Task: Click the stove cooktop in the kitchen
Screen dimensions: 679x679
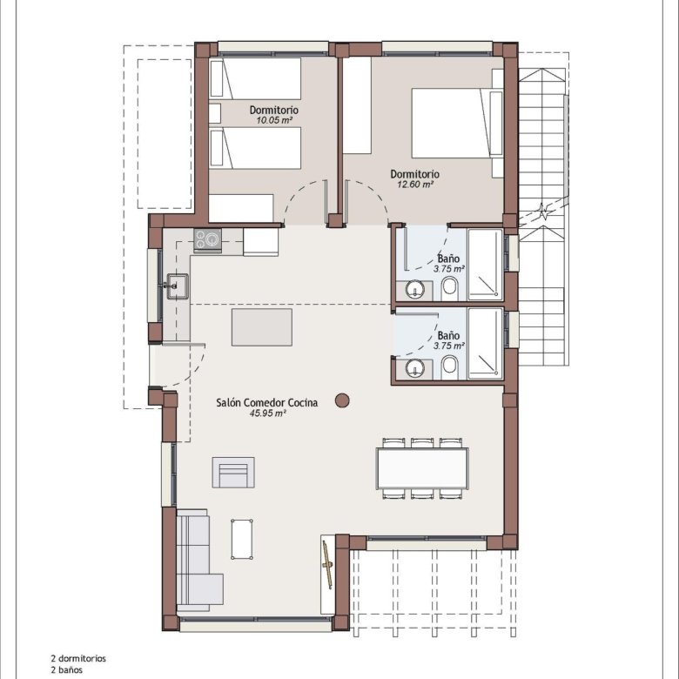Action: [207, 241]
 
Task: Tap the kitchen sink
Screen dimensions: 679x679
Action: [178, 286]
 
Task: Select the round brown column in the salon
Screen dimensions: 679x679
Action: [342, 400]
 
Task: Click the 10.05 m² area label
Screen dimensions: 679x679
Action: [274, 120]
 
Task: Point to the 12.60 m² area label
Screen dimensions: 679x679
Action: [415, 185]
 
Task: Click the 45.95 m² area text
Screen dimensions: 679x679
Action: [267, 413]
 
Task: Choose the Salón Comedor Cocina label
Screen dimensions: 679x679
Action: [266, 403]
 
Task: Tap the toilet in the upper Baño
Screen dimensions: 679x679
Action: [449, 289]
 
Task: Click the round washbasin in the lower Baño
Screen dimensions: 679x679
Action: [415, 368]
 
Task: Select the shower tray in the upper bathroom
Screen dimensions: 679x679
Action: [485, 265]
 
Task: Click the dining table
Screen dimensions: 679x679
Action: [422, 468]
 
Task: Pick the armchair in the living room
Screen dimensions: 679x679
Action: [233, 473]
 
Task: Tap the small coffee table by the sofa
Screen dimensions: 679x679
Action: [242, 539]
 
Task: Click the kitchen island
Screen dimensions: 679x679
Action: [261, 327]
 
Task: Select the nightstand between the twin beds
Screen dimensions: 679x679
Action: [215, 113]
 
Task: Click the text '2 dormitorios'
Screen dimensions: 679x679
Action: [78, 659]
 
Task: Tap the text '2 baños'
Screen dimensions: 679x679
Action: [67, 670]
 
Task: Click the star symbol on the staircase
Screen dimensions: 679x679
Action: [543, 212]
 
